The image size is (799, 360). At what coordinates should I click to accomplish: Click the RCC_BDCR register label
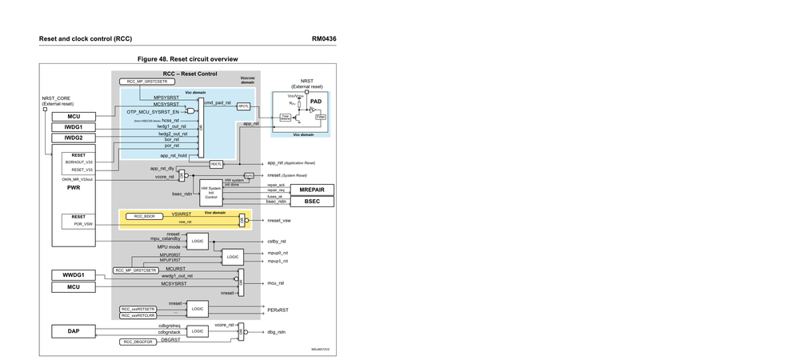click(x=144, y=217)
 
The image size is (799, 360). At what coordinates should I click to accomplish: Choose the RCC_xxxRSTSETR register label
click(x=138, y=309)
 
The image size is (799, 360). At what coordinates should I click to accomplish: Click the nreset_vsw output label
click(x=278, y=220)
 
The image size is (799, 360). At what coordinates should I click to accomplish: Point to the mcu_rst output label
click(x=276, y=283)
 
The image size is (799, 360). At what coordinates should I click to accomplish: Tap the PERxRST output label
click(x=277, y=308)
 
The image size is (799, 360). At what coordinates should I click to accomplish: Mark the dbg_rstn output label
click(x=276, y=331)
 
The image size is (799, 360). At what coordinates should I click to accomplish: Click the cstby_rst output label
click(x=277, y=241)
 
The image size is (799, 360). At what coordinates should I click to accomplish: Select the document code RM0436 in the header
click(x=324, y=38)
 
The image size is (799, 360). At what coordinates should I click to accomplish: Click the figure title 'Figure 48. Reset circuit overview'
click(x=187, y=59)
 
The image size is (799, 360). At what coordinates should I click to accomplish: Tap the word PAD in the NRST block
click(x=316, y=102)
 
